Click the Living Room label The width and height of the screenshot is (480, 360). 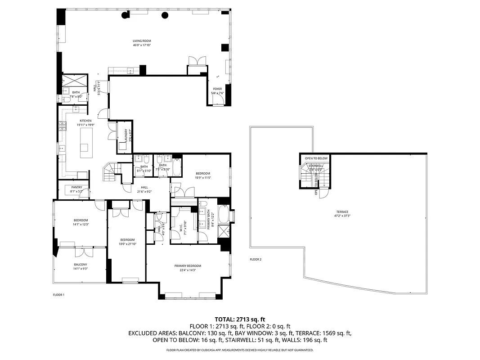click(x=142, y=43)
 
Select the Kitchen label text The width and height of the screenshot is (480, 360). click(x=85, y=123)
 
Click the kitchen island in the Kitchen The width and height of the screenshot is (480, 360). click(x=87, y=143)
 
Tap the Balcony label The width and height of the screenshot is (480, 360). click(x=81, y=266)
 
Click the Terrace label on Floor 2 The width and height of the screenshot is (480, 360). click(x=342, y=214)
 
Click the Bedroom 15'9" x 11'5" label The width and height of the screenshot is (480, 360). click(x=202, y=175)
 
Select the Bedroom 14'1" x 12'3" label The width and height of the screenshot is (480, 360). click(x=81, y=222)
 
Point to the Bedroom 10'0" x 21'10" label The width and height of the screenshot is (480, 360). click(x=127, y=242)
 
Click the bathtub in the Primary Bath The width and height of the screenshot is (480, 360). click(x=224, y=216)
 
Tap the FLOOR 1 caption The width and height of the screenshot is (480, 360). click(x=58, y=295)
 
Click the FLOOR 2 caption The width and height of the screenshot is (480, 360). click(x=256, y=260)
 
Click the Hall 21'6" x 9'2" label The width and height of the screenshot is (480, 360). click(x=144, y=189)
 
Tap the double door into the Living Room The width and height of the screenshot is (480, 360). click(x=197, y=61)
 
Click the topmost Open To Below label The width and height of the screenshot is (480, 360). click(x=316, y=158)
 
